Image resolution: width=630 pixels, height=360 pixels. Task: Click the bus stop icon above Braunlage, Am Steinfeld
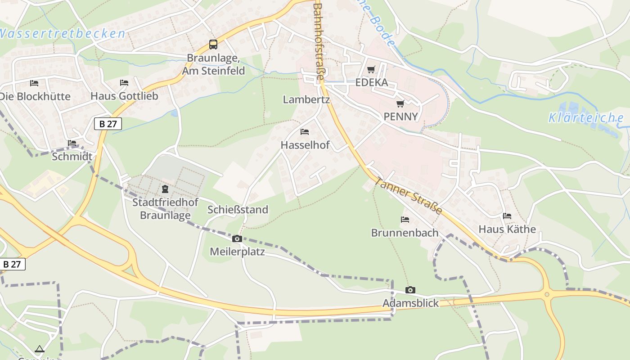pyautogui.click(x=213, y=45)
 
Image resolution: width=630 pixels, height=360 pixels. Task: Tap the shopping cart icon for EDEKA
pyautogui.click(x=371, y=69)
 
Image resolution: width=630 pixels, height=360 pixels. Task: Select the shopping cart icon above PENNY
pyautogui.click(x=400, y=103)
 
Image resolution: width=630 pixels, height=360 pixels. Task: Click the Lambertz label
pyautogui.click(x=306, y=100)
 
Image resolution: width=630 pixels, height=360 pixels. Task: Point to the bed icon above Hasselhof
pyautogui.click(x=305, y=132)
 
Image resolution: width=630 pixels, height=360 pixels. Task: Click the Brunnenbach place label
pyautogui.click(x=405, y=233)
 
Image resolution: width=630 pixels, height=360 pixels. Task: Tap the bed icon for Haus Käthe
pyautogui.click(x=507, y=216)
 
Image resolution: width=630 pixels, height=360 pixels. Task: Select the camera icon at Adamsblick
pyautogui.click(x=410, y=290)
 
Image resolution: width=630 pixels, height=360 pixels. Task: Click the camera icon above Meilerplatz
pyautogui.click(x=237, y=238)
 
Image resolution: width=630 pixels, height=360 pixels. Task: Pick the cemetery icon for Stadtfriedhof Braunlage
pyautogui.click(x=165, y=189)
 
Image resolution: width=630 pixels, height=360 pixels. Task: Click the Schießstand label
pyautogui.click(x=238, y=210)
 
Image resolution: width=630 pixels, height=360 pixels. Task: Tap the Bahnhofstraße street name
pyautogui.click(x=319, y=41)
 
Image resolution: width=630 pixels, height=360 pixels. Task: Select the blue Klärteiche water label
pyautogui.click(x=586, y=118)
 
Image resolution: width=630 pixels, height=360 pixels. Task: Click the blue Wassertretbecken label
pyautogui.click(x=62, y=34)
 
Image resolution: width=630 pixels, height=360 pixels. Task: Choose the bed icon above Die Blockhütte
pyautogui.click(x=34, y=83)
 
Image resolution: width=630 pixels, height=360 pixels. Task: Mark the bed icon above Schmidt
pyautogui.click(x=72, y=143)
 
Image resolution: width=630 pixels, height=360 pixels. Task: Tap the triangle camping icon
pyautogui.click(x=40, y=349)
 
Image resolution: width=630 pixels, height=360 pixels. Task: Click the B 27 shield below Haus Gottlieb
pyautogui.click(x=108, y=124)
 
